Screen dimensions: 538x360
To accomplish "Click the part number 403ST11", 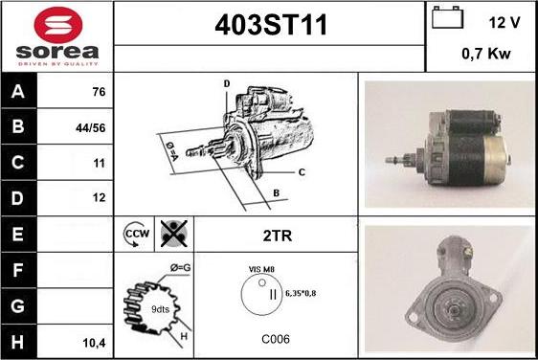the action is click(x=271, y=25).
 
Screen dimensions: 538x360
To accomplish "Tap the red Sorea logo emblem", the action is click(x=58, y=25).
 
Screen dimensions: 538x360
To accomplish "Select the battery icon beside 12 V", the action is click(x=447, y=17).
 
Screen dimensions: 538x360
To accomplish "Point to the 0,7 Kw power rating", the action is click(x=486, y=54).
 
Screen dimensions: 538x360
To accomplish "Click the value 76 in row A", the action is click(x=99, y=92).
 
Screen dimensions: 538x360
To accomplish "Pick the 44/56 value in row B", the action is click(x=91, y=128).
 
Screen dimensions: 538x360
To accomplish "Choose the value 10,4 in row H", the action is click(x=94, y=343).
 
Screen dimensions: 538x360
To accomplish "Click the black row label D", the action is click(x=18, y=198).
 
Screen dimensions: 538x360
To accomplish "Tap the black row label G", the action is click(x=18, y=306).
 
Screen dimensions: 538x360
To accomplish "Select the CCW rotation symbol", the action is click(x=136, y=234).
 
